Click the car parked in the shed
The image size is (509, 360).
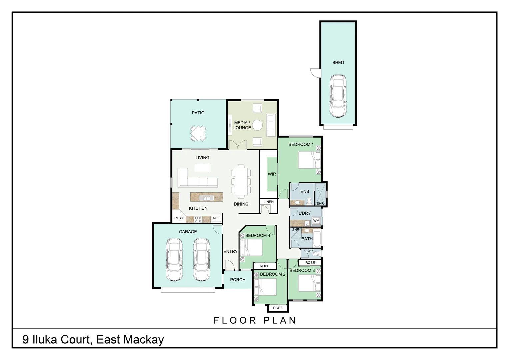click(x=338, y=96)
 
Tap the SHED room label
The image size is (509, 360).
click(x=338, y=63)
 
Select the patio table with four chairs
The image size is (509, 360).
click(x=198, y=133)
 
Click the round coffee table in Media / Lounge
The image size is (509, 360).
click(x=257, y=125)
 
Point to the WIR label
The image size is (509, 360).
click(x=272, y=174)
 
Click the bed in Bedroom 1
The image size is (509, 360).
click(x=309, y=160)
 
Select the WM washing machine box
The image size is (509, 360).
click(x=316, y=221)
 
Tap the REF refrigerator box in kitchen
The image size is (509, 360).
click(x=216, y=218)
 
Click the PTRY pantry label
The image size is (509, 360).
click(x=179, y=218)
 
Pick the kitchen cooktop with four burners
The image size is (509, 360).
click(x=198, y=219)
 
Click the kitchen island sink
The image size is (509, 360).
click(x=206, y=198)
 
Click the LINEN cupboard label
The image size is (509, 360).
click(x=269, y=202)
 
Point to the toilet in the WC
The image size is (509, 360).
click(x=316, y=254)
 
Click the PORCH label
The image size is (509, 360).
click(x=238, y=280)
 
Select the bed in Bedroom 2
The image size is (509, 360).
click(x=265, y=287)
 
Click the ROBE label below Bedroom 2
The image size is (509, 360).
click(x=278, y=308)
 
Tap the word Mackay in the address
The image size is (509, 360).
click(x=144, y=340)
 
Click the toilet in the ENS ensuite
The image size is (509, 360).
click(x=309, y=201)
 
